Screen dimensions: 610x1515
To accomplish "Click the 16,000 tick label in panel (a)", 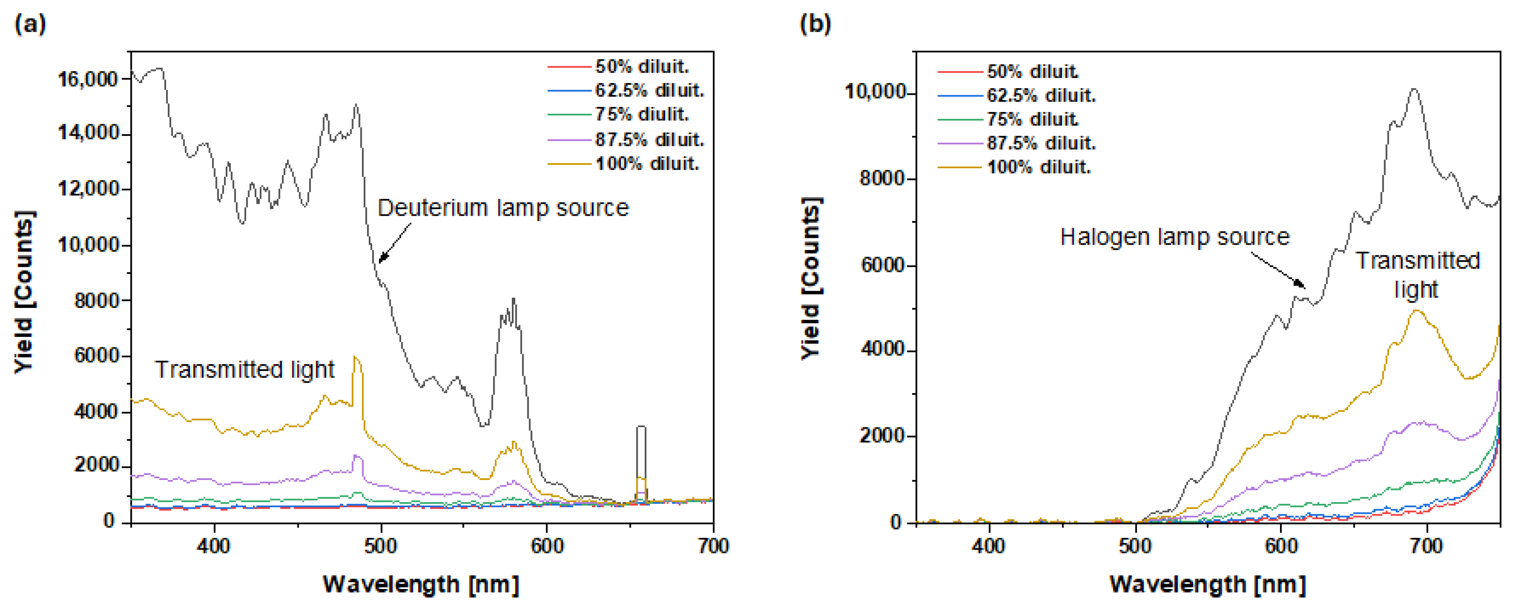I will pos(88,79).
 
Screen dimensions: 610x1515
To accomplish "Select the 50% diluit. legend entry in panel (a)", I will pos(641,66).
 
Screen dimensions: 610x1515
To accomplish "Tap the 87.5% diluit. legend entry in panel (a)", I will pos(649,140).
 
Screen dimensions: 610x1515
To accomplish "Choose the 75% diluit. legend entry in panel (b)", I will pos(1032,120).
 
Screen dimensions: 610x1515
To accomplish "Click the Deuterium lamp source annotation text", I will pos(503,208).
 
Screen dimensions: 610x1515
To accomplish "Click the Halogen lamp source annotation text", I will pos(1174,237).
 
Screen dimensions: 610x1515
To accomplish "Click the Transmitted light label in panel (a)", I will pos(244,370).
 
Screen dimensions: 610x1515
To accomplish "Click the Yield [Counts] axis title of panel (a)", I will pos(25,291).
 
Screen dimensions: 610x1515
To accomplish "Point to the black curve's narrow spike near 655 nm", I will pos(641,428).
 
